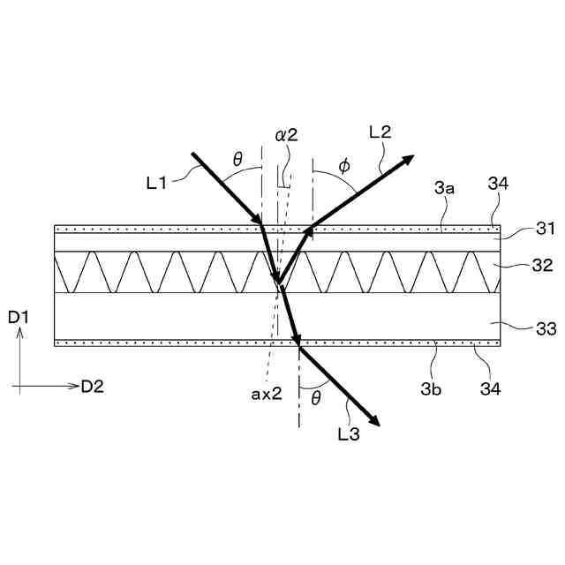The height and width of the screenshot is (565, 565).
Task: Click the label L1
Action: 156,183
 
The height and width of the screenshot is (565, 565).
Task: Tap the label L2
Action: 380,132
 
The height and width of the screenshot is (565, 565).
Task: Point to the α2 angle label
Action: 286,135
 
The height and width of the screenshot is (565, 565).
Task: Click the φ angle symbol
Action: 343,165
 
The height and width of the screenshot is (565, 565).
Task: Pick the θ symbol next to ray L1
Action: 237,159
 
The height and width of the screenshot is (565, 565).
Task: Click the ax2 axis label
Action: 265,394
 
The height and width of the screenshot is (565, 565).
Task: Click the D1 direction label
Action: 19,315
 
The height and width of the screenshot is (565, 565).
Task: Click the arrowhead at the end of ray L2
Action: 409,159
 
